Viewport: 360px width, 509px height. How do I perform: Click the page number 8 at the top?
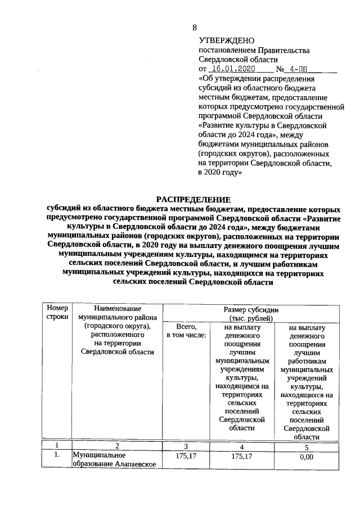coord(195,28)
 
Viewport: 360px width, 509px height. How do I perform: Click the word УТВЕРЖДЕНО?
coord(227,41)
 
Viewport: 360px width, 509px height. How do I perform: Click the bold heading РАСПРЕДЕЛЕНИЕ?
coord(193,199)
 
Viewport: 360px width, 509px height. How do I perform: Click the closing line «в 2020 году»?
coord(220,173)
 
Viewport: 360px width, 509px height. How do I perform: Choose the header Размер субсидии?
coord(251,310)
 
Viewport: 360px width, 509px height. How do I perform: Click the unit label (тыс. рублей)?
coord(251,318)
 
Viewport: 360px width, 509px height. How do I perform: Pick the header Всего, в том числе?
coord(186,331)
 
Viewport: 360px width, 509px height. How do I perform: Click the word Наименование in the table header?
coord(117,309)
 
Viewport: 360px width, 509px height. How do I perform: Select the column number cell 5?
coord(307,448)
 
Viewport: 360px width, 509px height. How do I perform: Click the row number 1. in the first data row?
coord(57,456)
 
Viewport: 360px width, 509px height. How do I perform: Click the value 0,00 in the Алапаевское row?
coord(307,457)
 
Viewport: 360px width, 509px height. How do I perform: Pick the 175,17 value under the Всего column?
coord(186,456)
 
